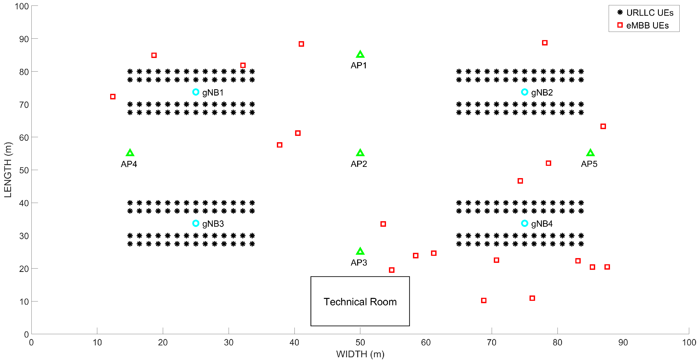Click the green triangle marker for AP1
click(x=360, y=54)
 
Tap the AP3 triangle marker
click(x=360, y=251)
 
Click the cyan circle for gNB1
click(x=196, y=92)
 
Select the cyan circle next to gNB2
click(x=524, y=92)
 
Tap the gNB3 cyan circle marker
click(x=196, y=223)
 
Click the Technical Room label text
click(x=360, y=302)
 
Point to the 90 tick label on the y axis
click(x=24, y=39)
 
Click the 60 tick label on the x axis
click(x=426, y=343)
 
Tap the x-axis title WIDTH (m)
click(x=360, y=354)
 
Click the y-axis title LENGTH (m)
click(x=8, y=170)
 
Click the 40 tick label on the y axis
click(x=24, y=203)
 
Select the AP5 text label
click(x=589, y=164)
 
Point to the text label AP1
click(x=359, y=65)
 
